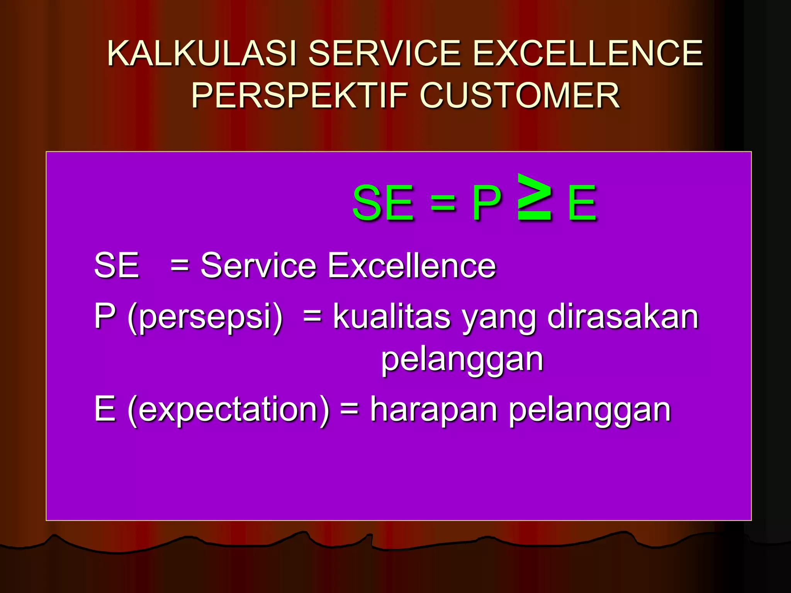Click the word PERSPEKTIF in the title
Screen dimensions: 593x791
300,95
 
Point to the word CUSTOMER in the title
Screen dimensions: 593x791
519,95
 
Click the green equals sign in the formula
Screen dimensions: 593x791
443,203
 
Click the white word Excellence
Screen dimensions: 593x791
411,265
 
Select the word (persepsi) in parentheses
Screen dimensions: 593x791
205,317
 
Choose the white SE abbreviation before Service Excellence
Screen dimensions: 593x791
116,265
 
